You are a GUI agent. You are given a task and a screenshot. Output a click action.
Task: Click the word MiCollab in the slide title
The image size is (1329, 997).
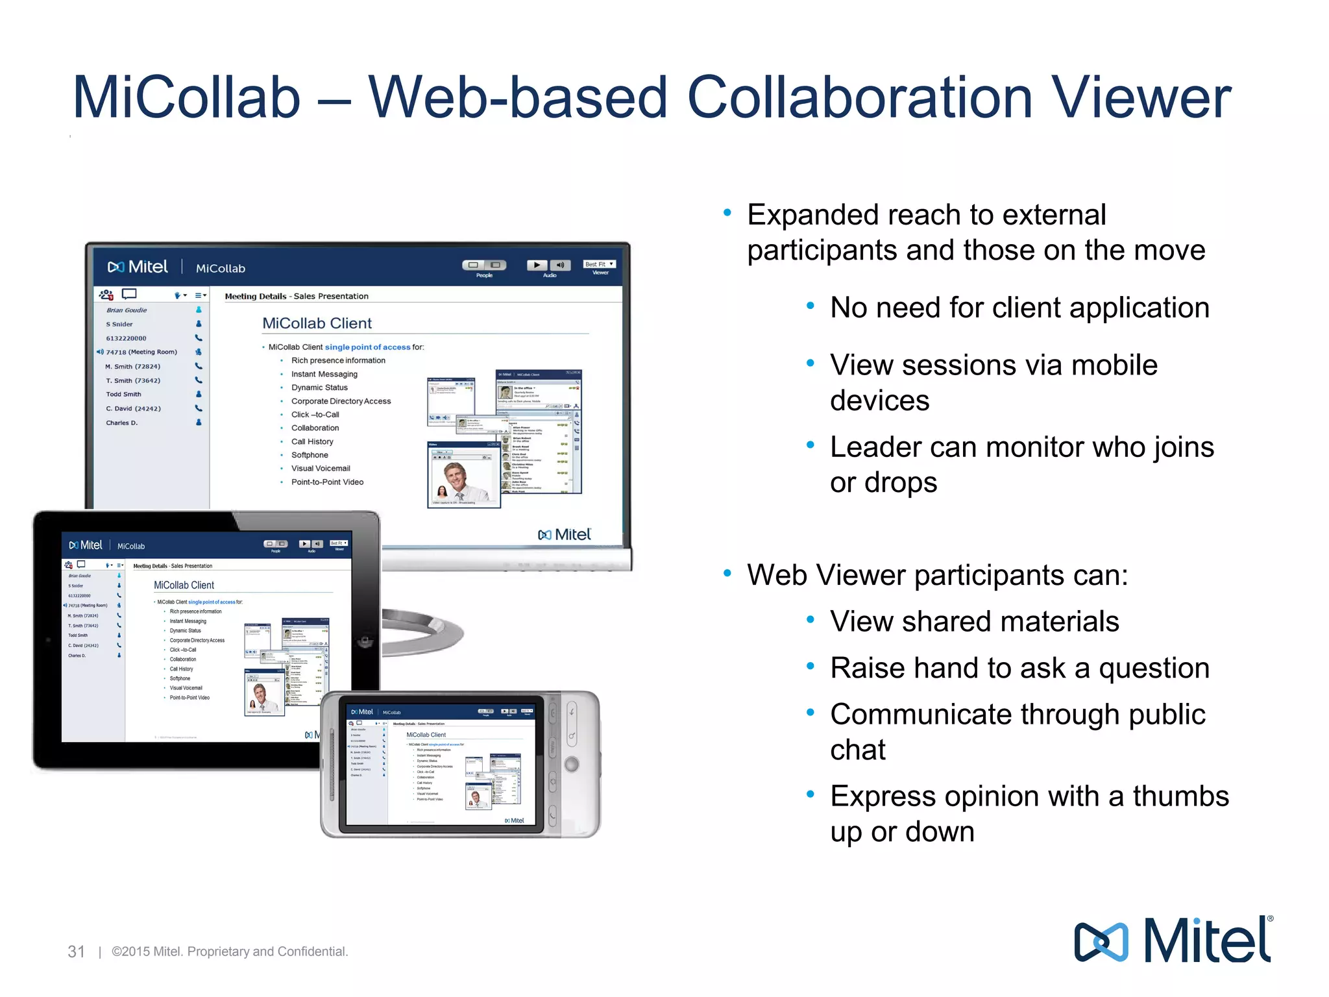186,98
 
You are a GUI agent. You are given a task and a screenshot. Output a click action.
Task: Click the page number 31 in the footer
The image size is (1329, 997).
77,952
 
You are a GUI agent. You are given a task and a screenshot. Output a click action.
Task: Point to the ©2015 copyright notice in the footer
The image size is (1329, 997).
230,952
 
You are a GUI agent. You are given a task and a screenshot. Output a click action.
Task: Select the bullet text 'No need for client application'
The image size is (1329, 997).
1019,308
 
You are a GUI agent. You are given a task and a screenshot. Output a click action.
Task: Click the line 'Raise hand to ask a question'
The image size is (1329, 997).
1019,668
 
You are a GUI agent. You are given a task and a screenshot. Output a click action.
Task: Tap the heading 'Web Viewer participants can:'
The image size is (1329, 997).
937,575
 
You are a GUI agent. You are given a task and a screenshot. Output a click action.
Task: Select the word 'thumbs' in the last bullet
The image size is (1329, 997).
1180,796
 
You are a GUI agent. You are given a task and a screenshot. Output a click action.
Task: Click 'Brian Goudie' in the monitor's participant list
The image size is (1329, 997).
127,310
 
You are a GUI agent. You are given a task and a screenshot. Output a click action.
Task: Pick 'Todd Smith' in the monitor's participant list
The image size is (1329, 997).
123,394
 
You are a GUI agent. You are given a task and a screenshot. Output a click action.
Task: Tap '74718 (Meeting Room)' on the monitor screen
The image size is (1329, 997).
141,352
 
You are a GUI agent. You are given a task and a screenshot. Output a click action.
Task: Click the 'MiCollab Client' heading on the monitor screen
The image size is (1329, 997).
317,323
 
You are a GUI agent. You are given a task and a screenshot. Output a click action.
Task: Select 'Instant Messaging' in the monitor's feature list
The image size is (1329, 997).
324,374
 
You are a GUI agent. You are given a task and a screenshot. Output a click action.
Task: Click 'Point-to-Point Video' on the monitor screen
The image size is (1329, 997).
327,482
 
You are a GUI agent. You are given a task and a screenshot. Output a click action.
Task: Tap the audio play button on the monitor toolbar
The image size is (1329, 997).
537,265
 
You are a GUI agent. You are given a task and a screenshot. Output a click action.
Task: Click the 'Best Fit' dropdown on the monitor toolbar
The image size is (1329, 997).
599,264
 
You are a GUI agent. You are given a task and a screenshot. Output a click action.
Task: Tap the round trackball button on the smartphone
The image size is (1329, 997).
571,764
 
